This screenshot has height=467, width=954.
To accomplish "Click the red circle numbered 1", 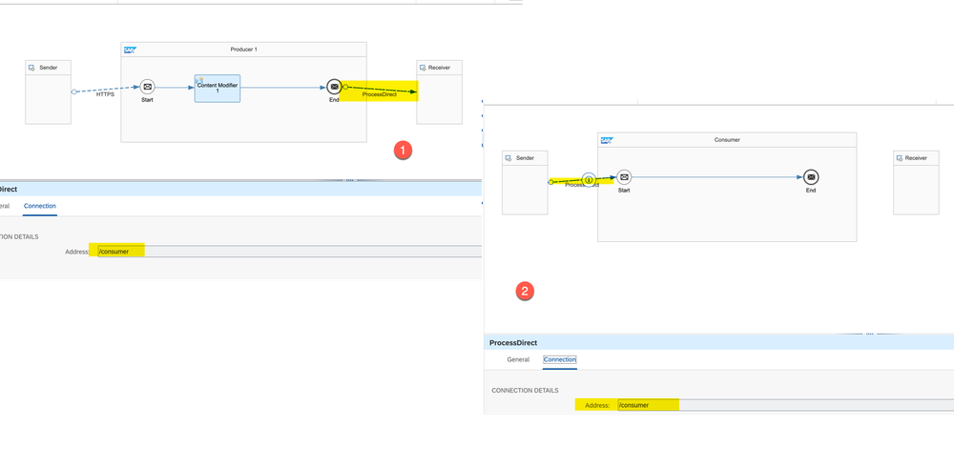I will [404, 151].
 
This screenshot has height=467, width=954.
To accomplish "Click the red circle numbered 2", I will [524, 292].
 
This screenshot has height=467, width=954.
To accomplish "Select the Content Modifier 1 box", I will [218, 88].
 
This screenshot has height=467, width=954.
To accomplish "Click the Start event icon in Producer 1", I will [147, 87].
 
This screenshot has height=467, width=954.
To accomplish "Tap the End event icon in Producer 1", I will [333, 87].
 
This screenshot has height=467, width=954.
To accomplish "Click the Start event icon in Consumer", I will [624, 177].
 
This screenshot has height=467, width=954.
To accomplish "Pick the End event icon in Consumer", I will [810, 177].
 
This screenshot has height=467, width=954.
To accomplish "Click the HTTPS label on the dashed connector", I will [106, 94].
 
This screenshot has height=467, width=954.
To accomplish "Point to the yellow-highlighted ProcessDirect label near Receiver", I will [380, 94].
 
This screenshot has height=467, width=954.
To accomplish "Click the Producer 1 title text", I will [243, 50].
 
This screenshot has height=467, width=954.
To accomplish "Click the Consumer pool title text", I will [727, 140].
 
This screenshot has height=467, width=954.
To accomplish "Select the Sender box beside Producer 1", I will [48, 92].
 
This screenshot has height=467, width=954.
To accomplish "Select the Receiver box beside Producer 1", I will [440, 92].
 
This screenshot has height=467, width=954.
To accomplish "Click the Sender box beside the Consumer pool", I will [526, 183].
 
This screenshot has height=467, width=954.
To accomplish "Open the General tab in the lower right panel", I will [518, 359].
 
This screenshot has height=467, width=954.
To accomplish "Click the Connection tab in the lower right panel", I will [560, 359].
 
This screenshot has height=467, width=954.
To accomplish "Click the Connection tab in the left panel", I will [40, 206].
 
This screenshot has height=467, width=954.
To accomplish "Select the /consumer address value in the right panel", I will [634, 405].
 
